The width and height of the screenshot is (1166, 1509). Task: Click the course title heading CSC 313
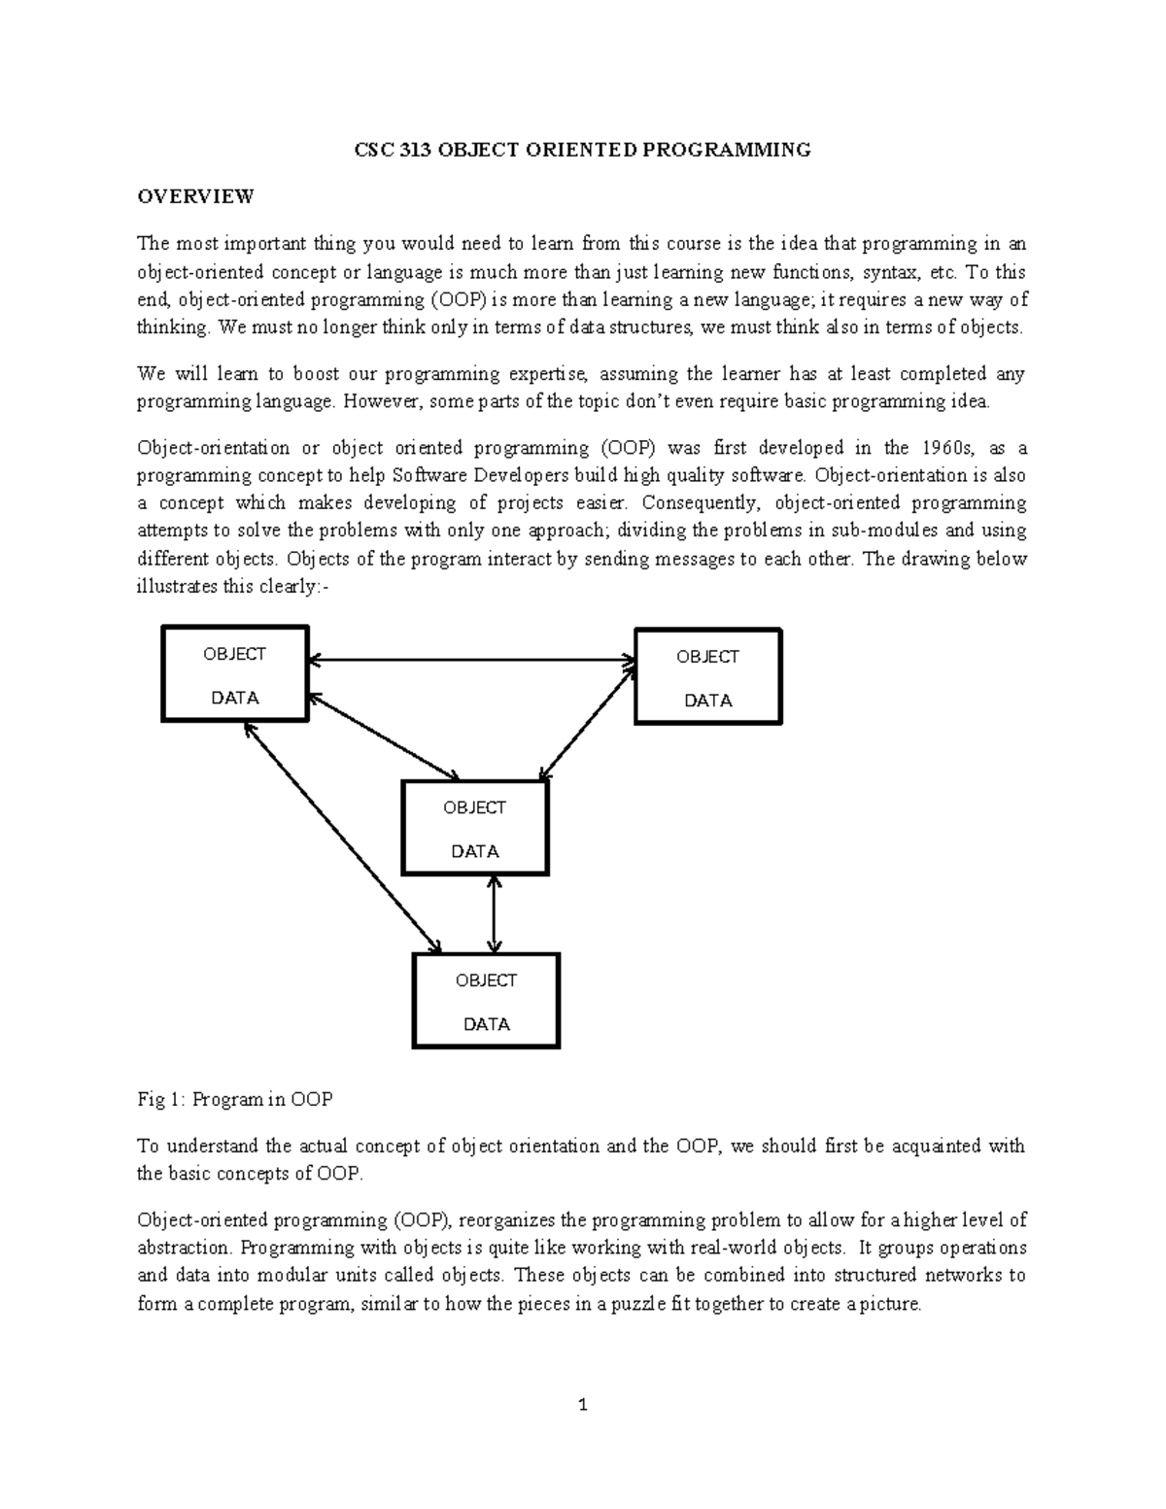click(581, 150)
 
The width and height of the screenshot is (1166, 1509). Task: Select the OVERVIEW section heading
click(195, 197)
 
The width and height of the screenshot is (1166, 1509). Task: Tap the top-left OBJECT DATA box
click(235, 674)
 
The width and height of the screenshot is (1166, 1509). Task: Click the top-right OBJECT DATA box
click(707, 677)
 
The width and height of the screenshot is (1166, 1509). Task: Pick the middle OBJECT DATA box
click(475, 828)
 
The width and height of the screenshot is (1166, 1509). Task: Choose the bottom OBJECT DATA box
click(487, 1001)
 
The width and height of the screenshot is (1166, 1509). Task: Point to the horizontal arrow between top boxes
click(471, 661)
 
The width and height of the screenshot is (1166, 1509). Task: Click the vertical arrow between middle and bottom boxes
click(495, 914)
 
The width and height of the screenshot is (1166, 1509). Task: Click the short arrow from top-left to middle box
click(384, 737)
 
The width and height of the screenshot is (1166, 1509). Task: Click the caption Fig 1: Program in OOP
click(235, 1099)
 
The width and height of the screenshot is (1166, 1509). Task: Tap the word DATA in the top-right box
click(707, 701)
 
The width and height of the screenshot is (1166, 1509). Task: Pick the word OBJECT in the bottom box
click(486, 980)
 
